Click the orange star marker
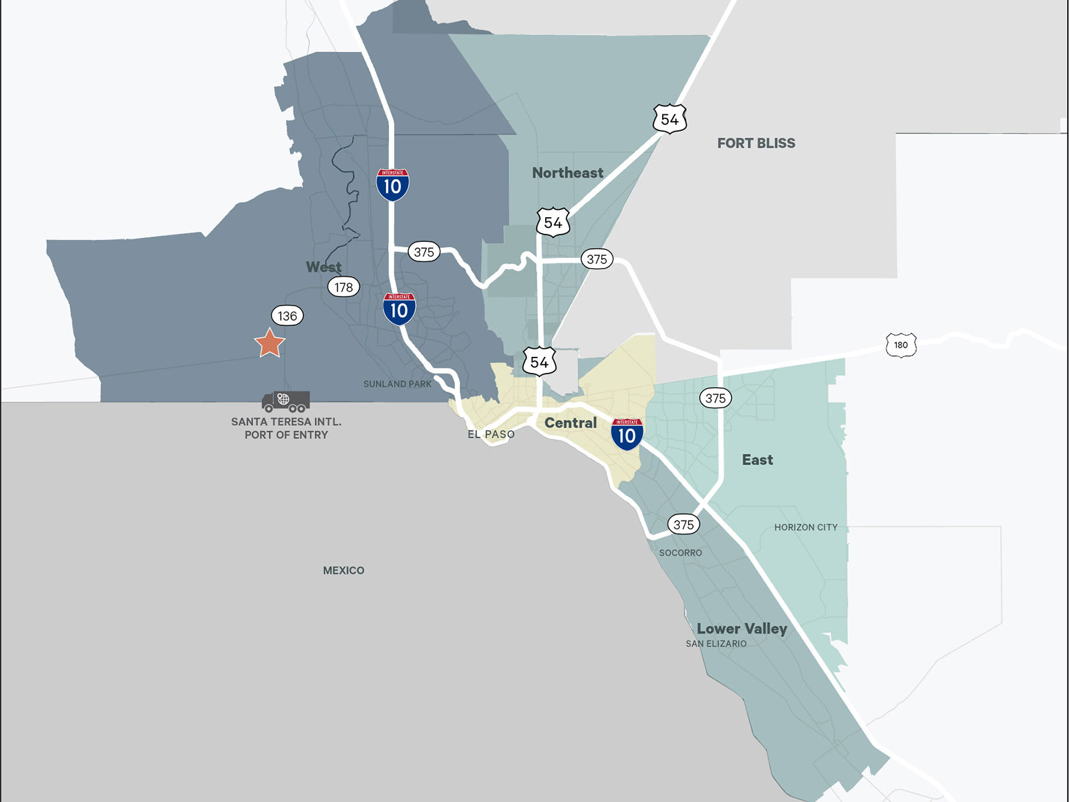(270, 343)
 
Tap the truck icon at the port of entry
(286, 402)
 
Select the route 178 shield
(343, 287)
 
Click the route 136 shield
(287, 316)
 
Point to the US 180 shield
(901, 345)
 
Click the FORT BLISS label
(756, 143)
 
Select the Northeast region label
(567, 173)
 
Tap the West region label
(323, 267)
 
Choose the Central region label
(570, 423)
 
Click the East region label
(757, 460)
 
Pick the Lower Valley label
(742, 629)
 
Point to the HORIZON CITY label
(806, 527)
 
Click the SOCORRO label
(680, 553)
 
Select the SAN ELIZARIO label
(716, 644)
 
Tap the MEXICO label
(343, 570)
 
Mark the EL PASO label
(491, 434)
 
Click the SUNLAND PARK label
(398, 384)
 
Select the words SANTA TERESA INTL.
(286, 422)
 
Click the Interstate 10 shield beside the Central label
(627, 434)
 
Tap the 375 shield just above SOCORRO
(683, 525)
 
